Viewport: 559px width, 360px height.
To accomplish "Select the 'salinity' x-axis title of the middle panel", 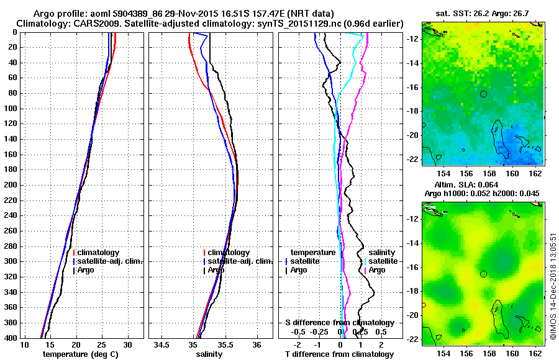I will (209, 354).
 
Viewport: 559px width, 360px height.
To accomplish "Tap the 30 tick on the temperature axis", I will (127, 344).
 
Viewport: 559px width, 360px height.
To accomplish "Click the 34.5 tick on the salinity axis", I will (163, 344).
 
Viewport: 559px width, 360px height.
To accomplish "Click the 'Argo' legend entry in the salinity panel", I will (216, 270).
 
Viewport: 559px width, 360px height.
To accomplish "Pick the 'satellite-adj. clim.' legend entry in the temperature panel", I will (109, 261).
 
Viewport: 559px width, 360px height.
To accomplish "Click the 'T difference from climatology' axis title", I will (339, 354).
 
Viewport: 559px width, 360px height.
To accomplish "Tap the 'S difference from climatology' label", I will (339, 323).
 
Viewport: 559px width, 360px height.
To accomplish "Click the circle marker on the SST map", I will (483, 94).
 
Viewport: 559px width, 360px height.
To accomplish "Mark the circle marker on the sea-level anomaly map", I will (483, 274).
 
